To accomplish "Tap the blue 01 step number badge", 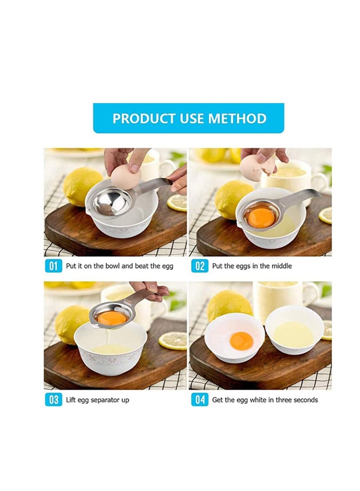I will tap(54, 266).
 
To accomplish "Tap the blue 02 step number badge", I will tap(199, 266).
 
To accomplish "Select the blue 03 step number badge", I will tap(54, 400).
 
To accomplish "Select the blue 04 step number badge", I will tap(199, 400).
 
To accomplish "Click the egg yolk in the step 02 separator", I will tap(261, 217).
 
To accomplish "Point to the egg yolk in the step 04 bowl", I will tap(241, 341).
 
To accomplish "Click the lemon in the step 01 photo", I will tap(82, 185).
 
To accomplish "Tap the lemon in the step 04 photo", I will tap(229, 306).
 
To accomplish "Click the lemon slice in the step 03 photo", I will tap(173, 340).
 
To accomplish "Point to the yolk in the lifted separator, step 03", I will tap(112, 318).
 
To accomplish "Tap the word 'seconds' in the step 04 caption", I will tap(304, 400).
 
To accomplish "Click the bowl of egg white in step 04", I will tap(294, 330).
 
